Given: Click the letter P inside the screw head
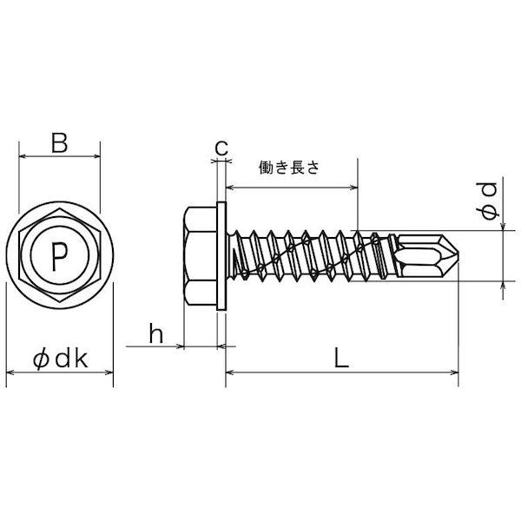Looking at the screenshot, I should pos(58,256).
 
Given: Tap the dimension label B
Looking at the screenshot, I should pos(59,142).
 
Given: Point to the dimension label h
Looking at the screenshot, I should pos(156,333).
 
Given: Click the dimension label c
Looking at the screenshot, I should pos(221,148).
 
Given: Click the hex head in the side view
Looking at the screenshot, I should pos(201,256).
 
